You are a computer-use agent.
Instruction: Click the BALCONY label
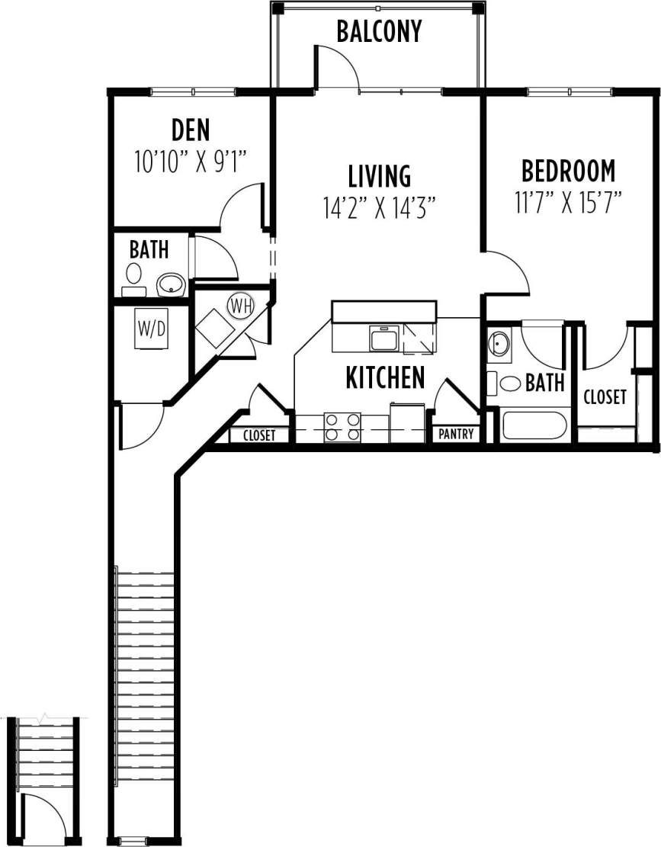(x=379, y=32)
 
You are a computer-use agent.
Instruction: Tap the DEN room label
(x=190, y=130)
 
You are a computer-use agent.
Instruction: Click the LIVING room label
(x=379, y=176)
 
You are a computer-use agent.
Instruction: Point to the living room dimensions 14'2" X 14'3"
(x=379, y=207)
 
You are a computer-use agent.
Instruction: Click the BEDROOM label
(x=568, y=170)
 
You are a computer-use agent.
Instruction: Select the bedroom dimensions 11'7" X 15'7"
(x=568, y=203)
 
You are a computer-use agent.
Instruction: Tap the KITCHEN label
(x=385, y=377)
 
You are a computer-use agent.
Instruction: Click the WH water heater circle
(x=240, y=306)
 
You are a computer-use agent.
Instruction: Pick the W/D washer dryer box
(x=152, y=329)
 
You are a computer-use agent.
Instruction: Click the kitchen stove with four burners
(x=342, y=427)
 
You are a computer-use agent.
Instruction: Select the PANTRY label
(x=457, y=435)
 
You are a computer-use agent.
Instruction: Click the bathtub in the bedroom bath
(x=534, y=426)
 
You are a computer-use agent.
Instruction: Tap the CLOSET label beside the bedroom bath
(x=605, y=397)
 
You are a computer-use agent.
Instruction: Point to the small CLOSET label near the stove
(x=259, y=436)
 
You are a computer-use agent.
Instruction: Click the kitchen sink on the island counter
(x=383, y=338)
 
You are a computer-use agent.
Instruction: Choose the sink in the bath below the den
(x=171, y=285)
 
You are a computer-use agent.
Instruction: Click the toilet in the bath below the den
(x=134, y=274)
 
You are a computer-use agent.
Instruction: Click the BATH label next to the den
(x=149, y=249)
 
